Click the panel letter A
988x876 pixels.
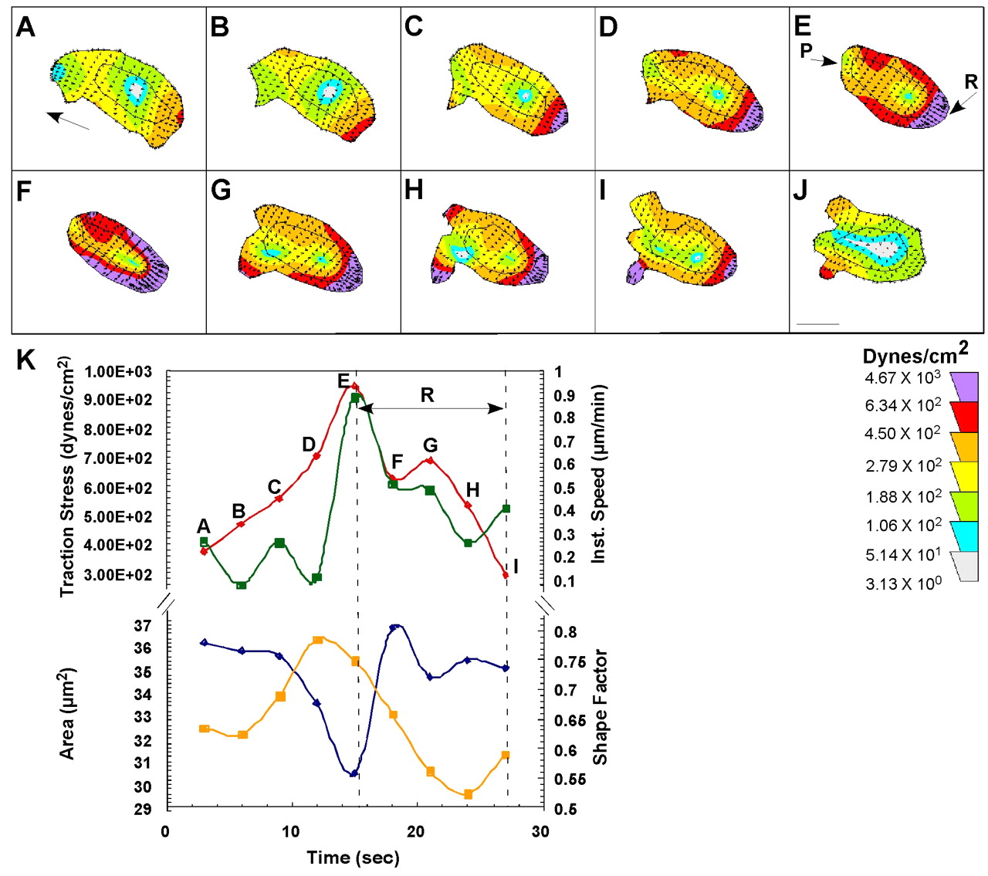tap(25, 27)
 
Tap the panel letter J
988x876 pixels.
tap(800, 190)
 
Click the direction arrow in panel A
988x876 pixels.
tap(68, 121)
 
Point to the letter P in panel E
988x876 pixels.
tap(806, 51)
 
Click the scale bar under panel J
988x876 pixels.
tap(817, 324)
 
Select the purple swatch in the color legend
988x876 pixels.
tap(964, 385)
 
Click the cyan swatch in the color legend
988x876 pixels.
tap(964, 536)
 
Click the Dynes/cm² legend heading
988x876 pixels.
tap(915, 354)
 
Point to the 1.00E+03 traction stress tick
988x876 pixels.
tap(118, 372)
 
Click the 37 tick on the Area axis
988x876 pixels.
tap(143, 626)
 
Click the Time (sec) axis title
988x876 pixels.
tap(353, 857)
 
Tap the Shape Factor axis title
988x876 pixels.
tap(601, 707)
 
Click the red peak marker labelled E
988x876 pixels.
tap(354, 386)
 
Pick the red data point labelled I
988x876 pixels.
tap(506, 575)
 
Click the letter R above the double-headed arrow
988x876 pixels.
tap(427, 395)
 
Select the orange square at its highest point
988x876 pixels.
tap(318, 641)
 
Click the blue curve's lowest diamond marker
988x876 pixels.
tap(354, 773)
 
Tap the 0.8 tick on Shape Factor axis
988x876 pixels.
tap(565, 632)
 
